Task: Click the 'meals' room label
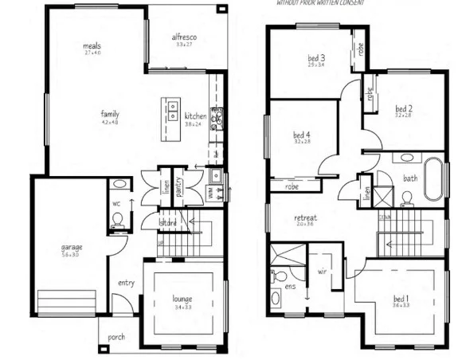point(92,46)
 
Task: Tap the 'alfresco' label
point(185,37)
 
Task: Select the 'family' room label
point(110,114)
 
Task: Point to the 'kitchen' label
point(195,116)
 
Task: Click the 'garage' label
point(72,247)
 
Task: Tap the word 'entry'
point(126,283)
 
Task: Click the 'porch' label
point(117,338)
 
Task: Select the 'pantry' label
point(179,186)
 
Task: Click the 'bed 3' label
point(316,58)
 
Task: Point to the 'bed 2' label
point(403,108)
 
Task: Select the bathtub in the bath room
point(433,179)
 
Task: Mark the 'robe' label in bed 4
point(292,188)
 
